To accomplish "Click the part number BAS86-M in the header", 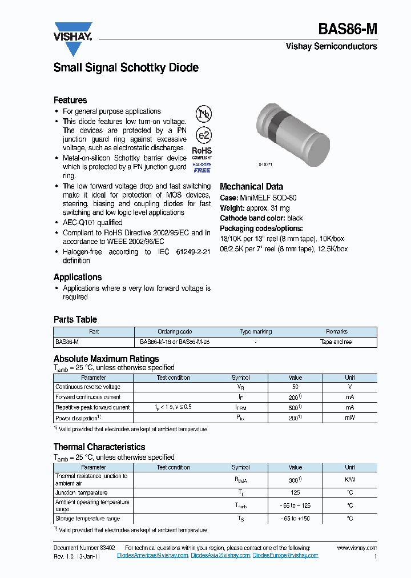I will coord(347,29).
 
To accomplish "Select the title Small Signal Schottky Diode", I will coord(126,67).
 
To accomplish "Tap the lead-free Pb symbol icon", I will coord(204,114).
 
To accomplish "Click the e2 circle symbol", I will coord(204,135).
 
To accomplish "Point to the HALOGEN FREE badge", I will coord(202,167).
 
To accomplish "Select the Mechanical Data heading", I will coord(251,186).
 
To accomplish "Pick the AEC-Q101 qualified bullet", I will coord(92,222).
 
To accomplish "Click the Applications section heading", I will coord(78,277).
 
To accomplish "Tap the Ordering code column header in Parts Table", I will coord(175,332).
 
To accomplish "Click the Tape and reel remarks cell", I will coord(336,342).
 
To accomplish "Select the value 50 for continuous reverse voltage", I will coord(295,387).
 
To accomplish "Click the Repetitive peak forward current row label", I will coord(92,407).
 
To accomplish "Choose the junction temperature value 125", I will coord(295,492).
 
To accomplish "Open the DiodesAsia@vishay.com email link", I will coord(220,555).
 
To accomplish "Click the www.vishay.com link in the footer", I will coord(357,548).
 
